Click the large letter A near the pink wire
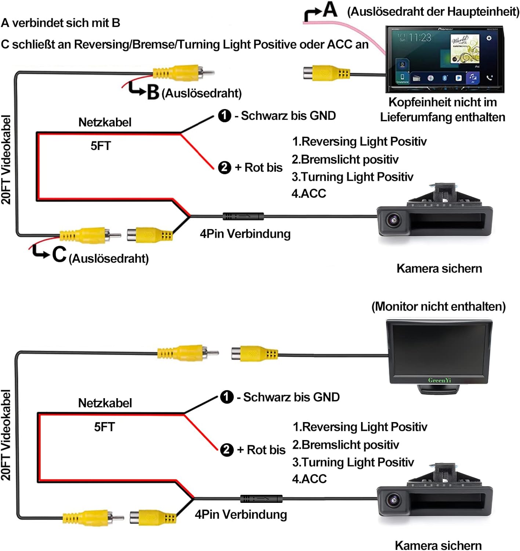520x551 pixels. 330,10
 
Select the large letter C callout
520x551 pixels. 59,254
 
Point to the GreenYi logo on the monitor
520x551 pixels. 439,380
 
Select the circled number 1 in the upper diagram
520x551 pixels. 225,116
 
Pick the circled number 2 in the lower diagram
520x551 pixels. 227,450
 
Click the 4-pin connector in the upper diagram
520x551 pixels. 243,216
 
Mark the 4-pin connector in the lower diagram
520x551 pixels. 261,499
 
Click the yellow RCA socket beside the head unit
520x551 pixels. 326,73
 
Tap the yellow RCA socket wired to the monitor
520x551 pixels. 254,354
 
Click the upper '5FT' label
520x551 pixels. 101,146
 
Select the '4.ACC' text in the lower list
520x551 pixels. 309,479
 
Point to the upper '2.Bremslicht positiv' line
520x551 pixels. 345,159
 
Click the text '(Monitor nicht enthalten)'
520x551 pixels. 439,306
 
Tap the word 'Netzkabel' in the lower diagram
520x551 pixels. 105,403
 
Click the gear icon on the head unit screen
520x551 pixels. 489,38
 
